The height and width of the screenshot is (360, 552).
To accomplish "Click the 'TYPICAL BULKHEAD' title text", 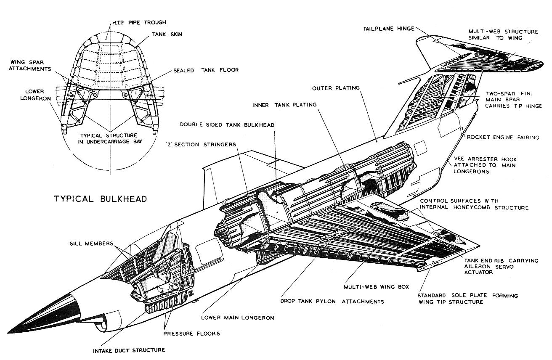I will (x=100, y=199).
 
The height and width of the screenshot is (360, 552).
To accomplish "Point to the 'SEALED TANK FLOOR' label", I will (x=206, y=70).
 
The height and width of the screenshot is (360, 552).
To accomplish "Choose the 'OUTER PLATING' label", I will (x=335, y=88).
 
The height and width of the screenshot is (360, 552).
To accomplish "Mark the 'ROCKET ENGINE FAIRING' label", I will (x=502, y=138).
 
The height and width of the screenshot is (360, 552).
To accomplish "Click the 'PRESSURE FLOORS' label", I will (x=191, y=334).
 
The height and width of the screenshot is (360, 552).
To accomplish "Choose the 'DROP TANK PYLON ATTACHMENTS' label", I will (x=332, y=302).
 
